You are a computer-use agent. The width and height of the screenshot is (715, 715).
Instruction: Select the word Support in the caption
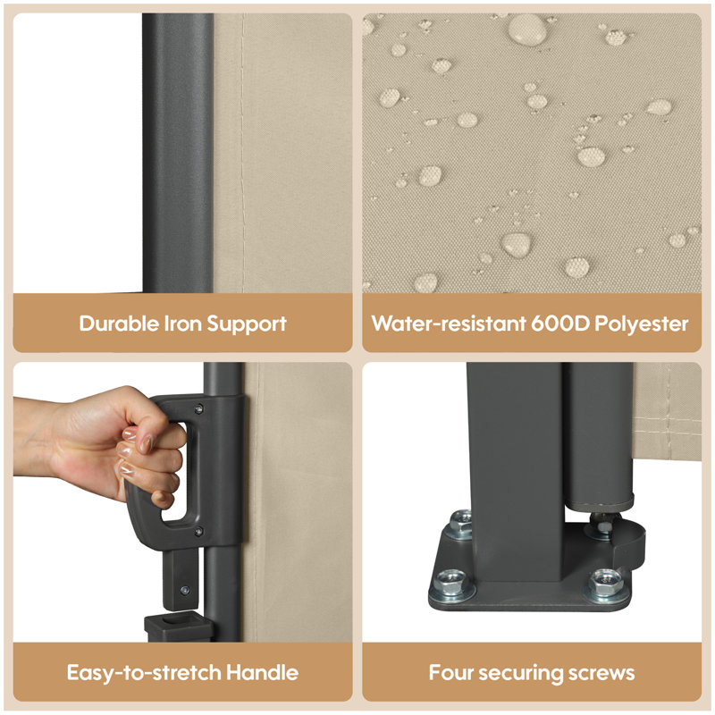tap(247, 324)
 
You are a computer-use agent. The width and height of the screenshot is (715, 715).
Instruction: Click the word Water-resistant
tap(449, 324)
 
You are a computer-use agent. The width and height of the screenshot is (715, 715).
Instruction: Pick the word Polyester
tap(642, 324)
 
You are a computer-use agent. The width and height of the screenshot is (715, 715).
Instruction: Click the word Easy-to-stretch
tap(144, 673)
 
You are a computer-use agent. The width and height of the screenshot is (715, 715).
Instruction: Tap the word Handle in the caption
tap(262, 673)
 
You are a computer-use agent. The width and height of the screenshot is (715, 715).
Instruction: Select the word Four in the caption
tap(451, 673)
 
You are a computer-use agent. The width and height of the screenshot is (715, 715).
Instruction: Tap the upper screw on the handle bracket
tap(198, 409)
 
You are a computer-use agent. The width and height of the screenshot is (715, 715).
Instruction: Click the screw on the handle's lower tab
tap(185, 591)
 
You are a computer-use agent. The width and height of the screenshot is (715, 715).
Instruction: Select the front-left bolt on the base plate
tap(451, 585)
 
